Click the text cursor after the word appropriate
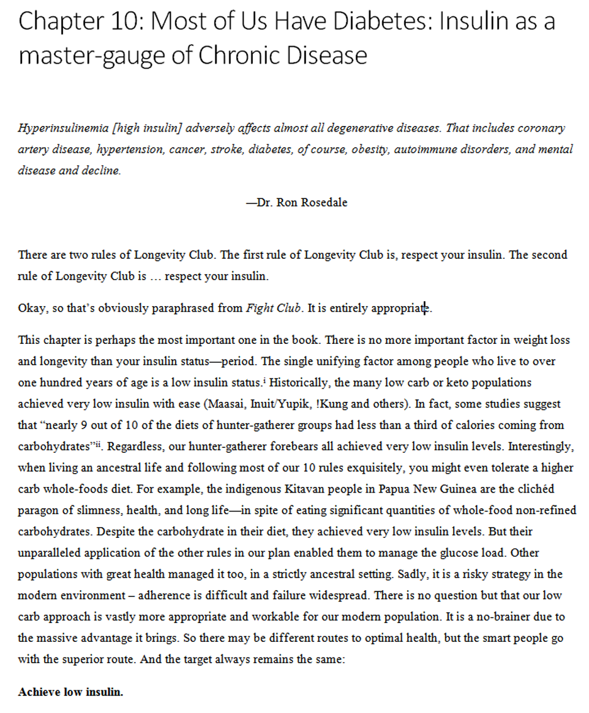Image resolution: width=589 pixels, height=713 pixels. pyautogui.click(x=426, y=309)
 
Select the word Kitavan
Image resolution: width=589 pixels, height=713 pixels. pyautogui.click(x=311, y=489)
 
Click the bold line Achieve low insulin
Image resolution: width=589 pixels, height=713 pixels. pyautogui.click(x=70, y=692)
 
